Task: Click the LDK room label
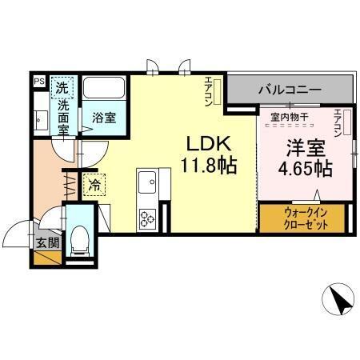pos(209,144)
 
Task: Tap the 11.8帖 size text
pos(209,167)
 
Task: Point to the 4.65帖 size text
pos(305,169)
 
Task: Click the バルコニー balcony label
pos(289,90)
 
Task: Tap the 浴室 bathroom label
pos(104,118)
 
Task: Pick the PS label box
pos(38,81)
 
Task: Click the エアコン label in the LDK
pos(208,90)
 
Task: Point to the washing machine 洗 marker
pos(61,86)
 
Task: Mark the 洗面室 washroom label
pos(61,115)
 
